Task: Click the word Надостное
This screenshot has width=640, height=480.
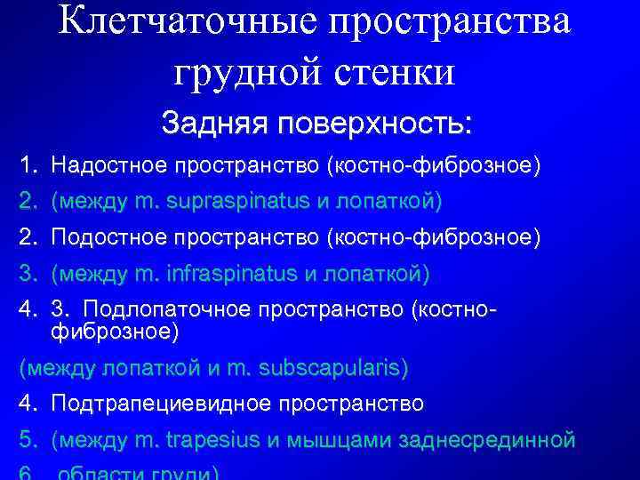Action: pos(110,164)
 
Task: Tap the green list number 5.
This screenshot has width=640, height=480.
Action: pos(27,440)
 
